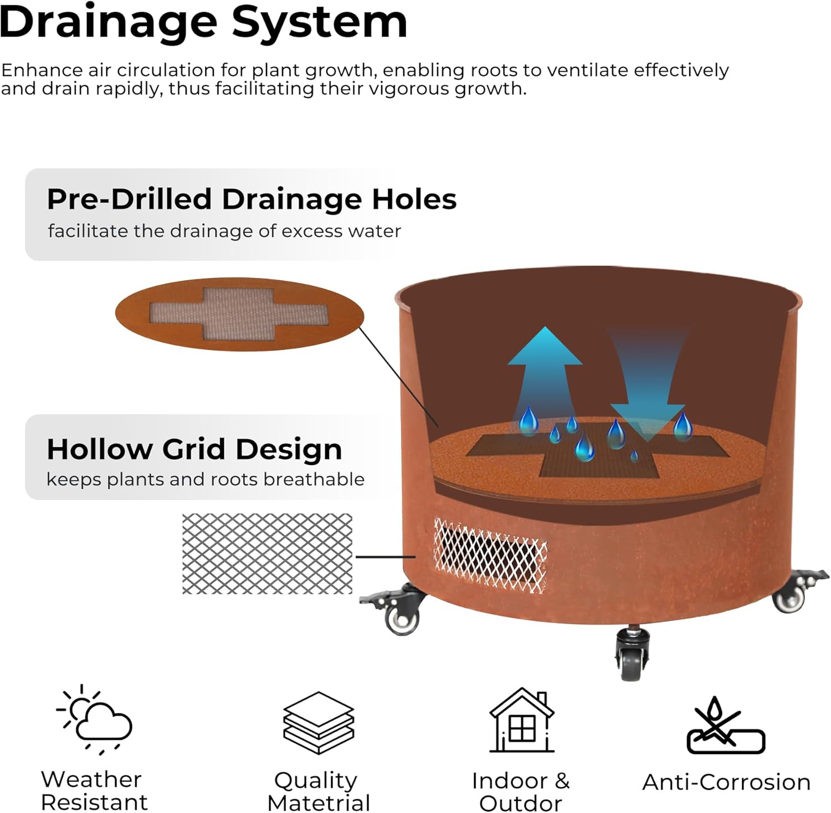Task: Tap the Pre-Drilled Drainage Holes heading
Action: click(x=252, y=199)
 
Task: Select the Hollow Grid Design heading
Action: click(x=194, y=449)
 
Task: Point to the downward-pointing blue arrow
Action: click(x=647, y=382)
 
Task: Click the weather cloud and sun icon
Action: click(x=95, y=719)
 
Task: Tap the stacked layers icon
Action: click(x=319, y=722)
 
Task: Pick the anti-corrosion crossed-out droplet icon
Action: click(x=725, y=725)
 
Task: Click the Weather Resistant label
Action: click(x=94, y=790)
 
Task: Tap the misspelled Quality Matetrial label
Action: click(x=318, y=791)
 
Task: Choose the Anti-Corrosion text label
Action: click(x=726, y=782)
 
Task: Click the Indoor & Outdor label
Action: click(x=520, y=792)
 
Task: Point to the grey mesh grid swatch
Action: click(x=267, y=554)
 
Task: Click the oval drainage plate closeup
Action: click(x=239, y=314)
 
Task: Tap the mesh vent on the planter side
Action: click(x=490, y=555)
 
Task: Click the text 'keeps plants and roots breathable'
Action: click(x=206, y=479)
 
